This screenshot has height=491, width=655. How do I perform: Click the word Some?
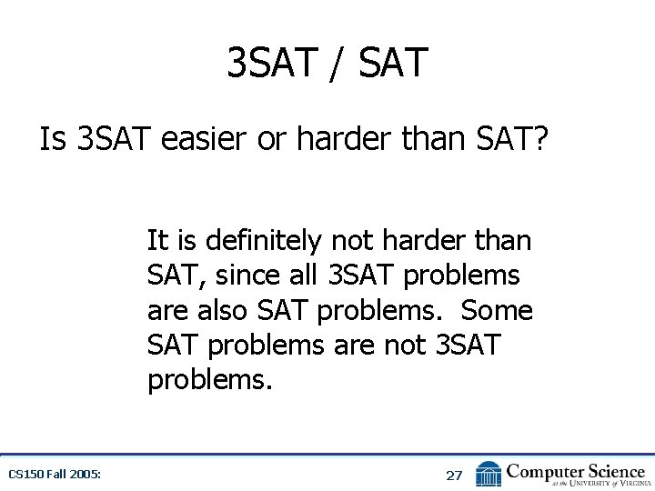(x=497, y=310)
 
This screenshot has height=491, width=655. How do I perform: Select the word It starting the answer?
(x=157, y=241)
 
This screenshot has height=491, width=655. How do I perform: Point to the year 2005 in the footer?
(x=86, y=474)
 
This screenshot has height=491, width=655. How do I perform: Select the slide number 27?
(x=454, y=475)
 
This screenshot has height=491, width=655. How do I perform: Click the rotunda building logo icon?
(x=489, y=473)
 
